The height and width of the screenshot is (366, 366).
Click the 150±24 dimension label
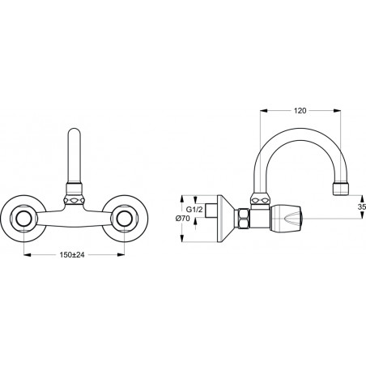pyautogui.click(x=72, y=254)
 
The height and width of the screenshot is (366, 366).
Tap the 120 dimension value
pyautogui.click(x=300, y=111)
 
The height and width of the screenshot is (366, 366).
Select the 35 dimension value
pyautogui.click(x=362, y=206)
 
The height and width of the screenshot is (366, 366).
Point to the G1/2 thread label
pyautogui.click(x=194, y=209)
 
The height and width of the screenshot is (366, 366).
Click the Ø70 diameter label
pyautogui.click(x=183, y=219)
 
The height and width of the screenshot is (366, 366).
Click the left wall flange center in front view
pyautogui.click(x=23, y=219)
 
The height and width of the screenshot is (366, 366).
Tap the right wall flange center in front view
pyautogui.click(x=125, y=219)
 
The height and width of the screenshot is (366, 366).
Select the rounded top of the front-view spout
pyautogui.click(x=74, y=132)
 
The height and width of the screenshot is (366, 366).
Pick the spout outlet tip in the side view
pyautogui.click(x=341, y=189)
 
